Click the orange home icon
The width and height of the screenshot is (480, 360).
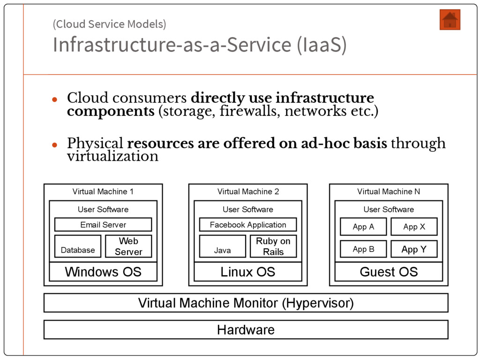[x=450, y=20]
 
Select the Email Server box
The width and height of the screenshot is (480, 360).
[x=103, y=225]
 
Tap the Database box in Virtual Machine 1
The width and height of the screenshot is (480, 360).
[x=78, y=247]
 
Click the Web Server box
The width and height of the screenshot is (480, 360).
[x=128, y=247]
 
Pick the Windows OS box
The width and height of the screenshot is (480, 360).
[x=103, y=272]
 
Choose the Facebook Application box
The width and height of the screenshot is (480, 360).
[x=248, y=225]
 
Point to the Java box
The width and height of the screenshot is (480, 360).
[x=223, y=247]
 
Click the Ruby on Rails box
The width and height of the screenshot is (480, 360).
[x=273, y=247]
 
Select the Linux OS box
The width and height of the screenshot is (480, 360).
[x=248, y=272]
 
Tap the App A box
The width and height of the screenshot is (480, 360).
[x=363, y=227]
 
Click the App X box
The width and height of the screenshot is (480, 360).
[x=414, y=227]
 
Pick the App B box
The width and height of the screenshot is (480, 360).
[x=363, y=249]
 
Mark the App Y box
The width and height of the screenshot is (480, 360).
[x=414, y=249]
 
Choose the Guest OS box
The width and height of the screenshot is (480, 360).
[x=389, y=272]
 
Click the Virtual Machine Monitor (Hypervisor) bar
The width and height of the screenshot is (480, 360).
[x=246, y=303]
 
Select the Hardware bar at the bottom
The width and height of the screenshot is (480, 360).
[x=246, y=330]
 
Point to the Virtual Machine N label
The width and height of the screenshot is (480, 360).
[x=389, y=191]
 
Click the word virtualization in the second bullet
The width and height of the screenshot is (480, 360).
[x=112, y=156]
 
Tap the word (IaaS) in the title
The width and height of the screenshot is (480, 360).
[x=322, y=45]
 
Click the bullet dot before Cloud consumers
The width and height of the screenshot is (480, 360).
[x=54, y=99]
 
